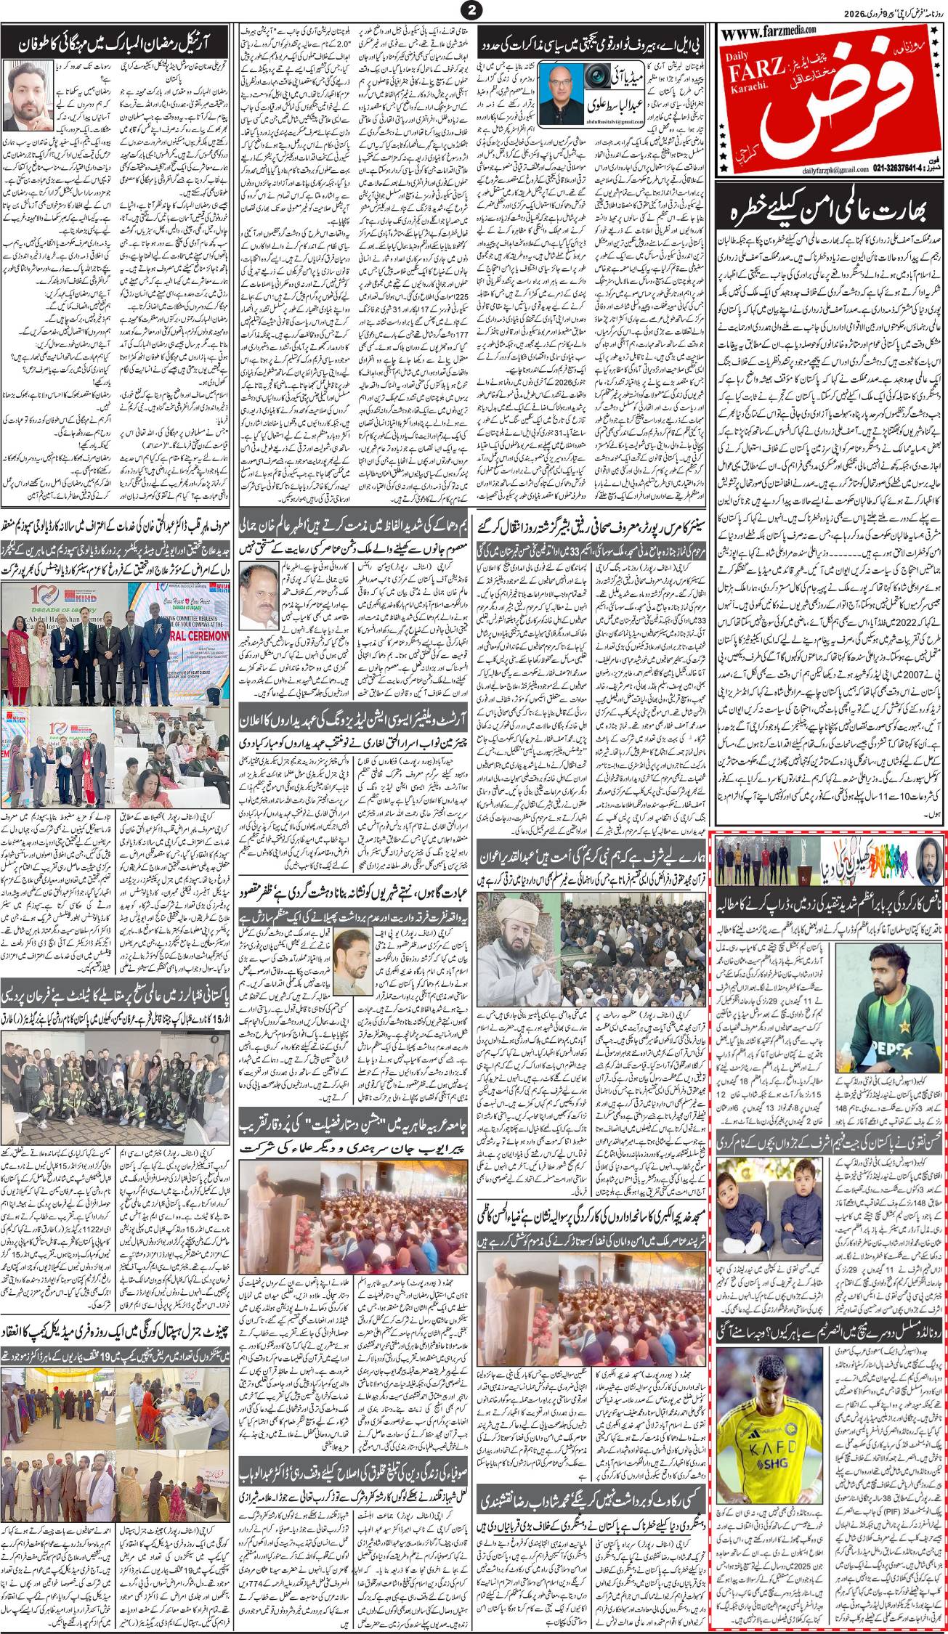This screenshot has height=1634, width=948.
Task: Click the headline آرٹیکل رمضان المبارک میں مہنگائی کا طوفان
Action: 116,41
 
